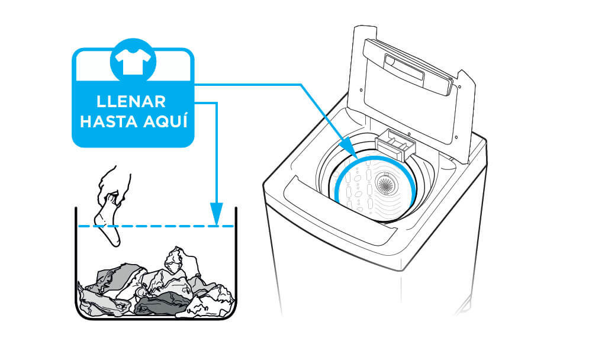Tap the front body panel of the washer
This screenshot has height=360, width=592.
click(332, 278)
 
